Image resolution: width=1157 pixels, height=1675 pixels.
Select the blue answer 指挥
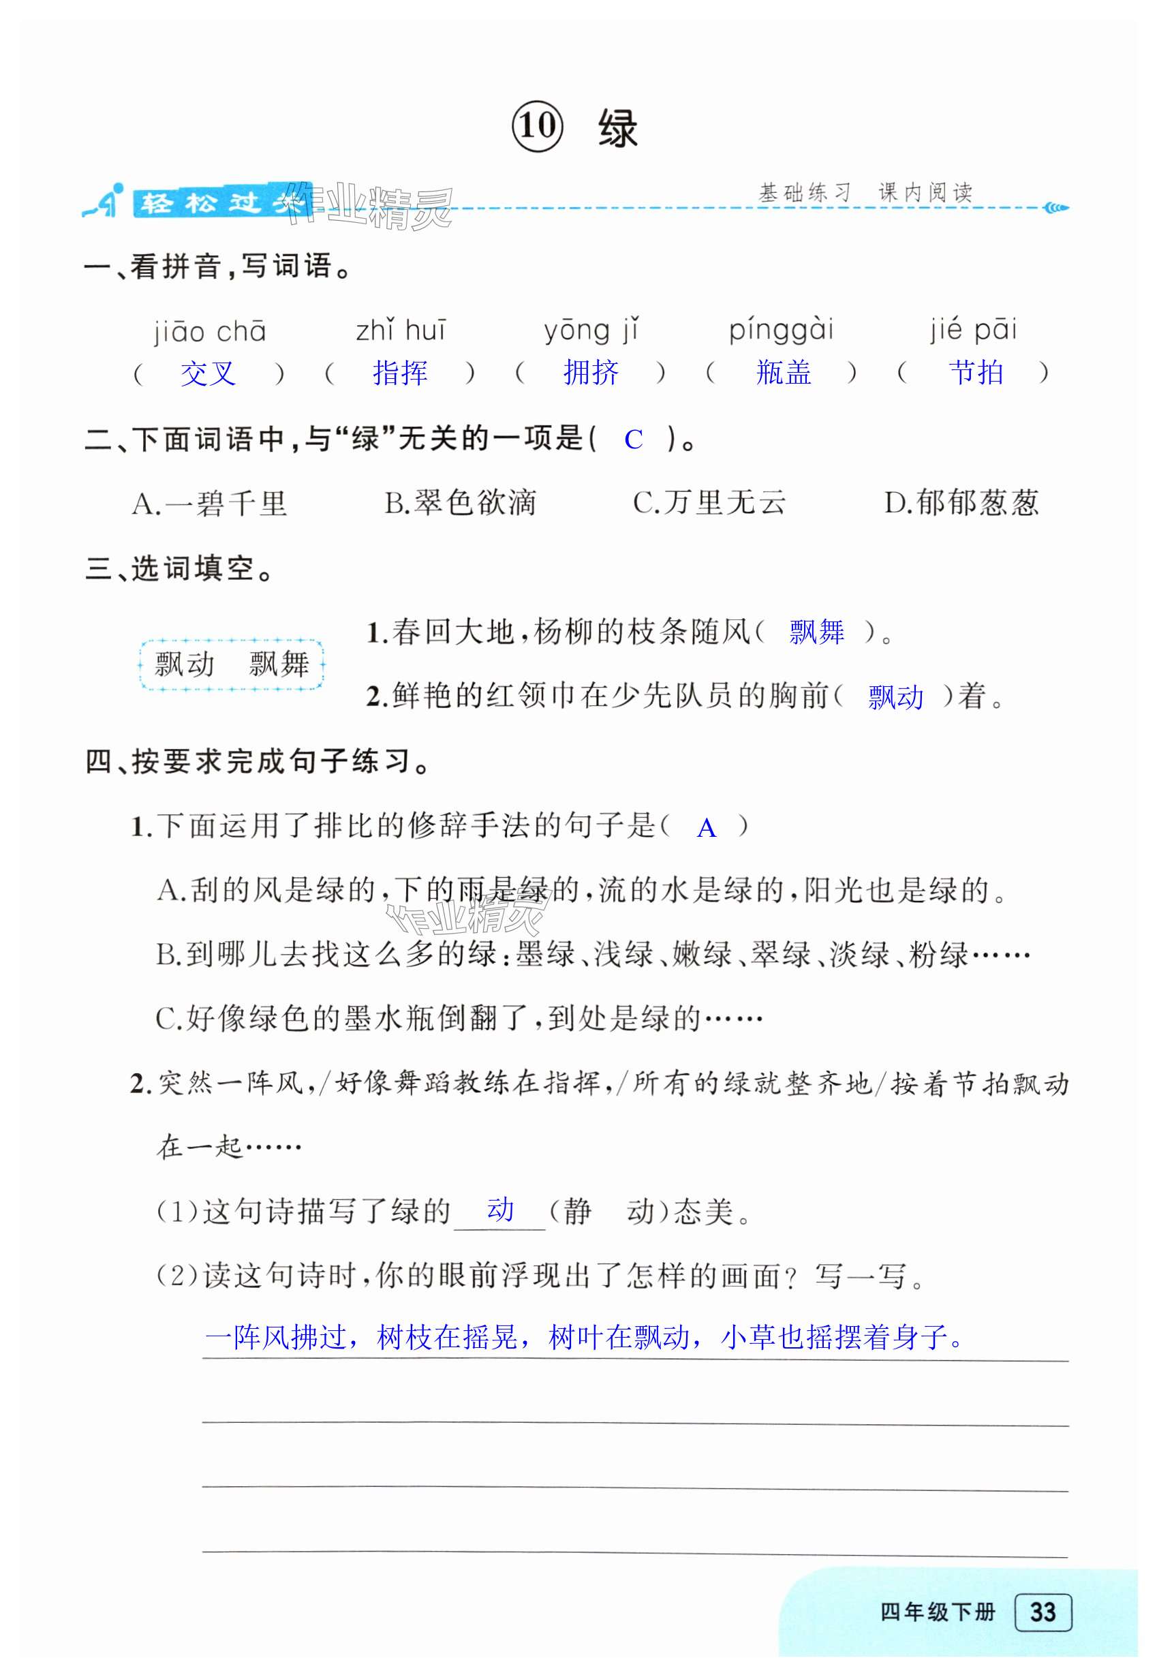tap(399, 373)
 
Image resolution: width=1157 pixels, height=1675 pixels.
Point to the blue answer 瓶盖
tap(783, 373)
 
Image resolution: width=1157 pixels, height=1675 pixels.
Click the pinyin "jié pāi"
tap(974, 330)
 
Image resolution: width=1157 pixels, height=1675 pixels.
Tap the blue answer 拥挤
tap(591, 373)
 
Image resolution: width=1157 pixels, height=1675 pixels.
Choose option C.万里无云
tap(709, 502)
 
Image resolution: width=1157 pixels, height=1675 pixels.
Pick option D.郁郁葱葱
tap(961, 502)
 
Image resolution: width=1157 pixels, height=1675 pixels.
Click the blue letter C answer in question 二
tap(633, 440)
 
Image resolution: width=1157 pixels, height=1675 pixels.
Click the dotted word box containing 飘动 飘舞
tap(231, 664)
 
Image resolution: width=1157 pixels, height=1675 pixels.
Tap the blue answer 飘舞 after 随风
tap(816, 632)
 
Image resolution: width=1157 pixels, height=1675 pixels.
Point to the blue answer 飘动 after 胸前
tap(895, 697)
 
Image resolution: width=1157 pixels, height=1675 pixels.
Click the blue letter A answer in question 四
tap(706, 828)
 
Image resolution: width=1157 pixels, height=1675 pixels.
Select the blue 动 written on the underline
tap(500, 1209)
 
